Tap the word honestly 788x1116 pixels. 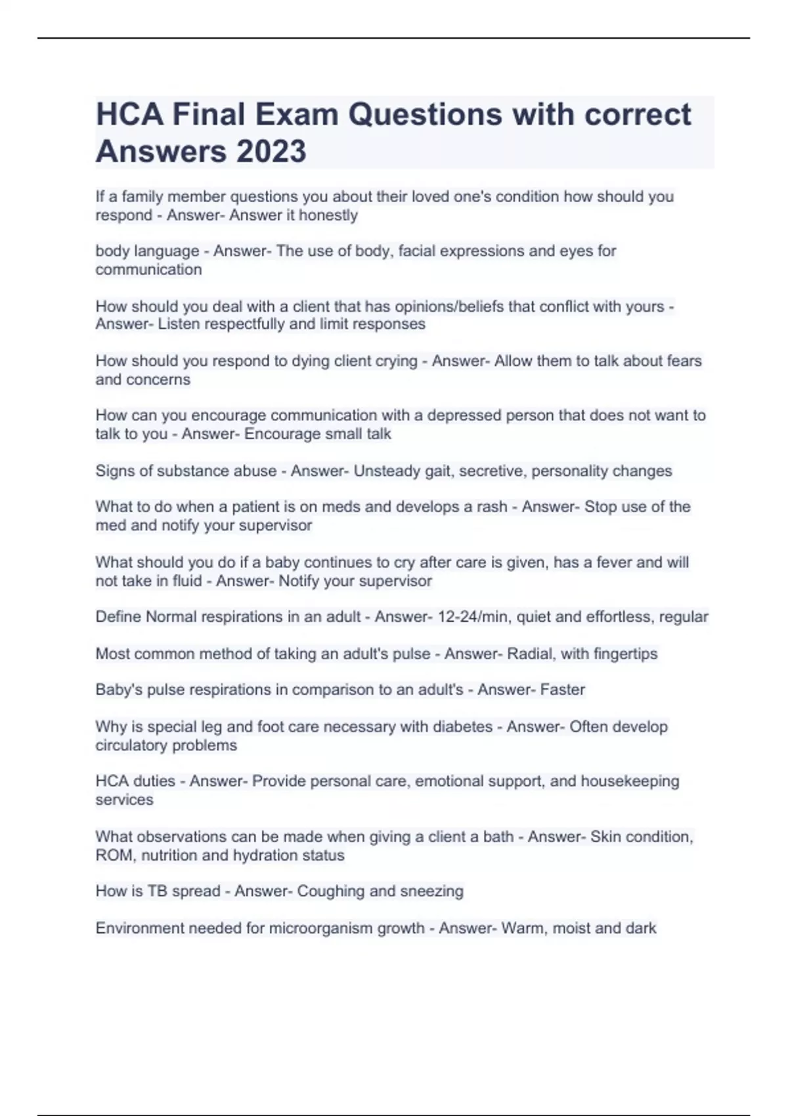coord(328,215)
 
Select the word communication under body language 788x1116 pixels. coord(148,270)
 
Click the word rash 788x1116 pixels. coord(492,507)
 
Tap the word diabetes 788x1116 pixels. coord(458,727)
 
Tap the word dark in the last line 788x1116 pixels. coord(641,928)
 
